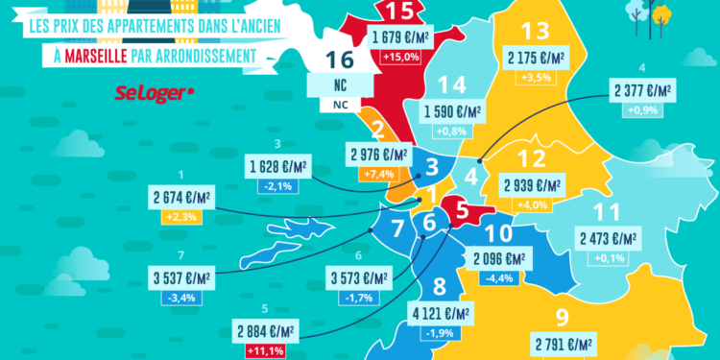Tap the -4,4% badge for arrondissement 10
pyautogui.click(x=502, y=278)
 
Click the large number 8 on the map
pyautogui.click(x=439, y=284)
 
